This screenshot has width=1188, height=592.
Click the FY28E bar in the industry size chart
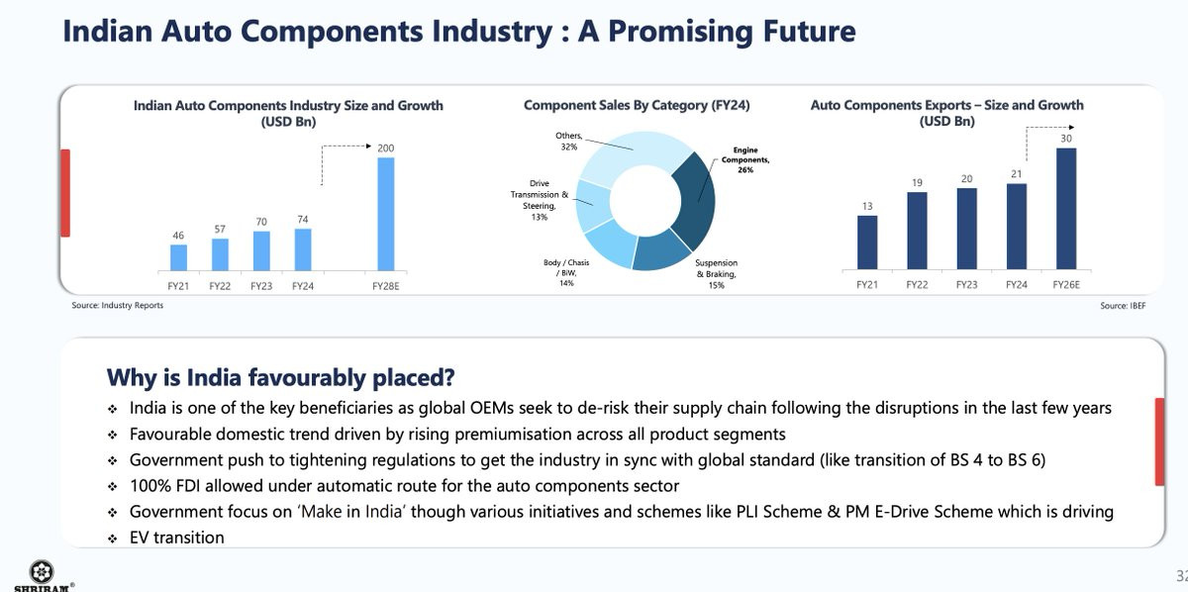tap(385, 214)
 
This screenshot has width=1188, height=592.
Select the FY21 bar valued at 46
tap(178, 257)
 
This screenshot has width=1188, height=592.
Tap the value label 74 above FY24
tap(303, 219)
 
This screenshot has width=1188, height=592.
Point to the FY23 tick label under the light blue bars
tap(261, 285)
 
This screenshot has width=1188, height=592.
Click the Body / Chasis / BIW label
tap(566, 272)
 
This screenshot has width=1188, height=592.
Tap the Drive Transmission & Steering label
tap(540, 199)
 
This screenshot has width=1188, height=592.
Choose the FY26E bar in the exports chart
tap(1066, 209)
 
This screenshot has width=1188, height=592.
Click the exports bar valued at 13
tap(867, 243)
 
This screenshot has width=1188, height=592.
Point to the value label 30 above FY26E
tap(1066, 139)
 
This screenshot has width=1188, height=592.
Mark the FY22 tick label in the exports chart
tap(918, 285)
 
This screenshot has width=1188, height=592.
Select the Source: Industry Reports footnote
tap(117, 306)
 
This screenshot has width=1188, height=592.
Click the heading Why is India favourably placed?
tap(280, 377)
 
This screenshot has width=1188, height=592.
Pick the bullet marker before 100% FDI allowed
tap(113, 486)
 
